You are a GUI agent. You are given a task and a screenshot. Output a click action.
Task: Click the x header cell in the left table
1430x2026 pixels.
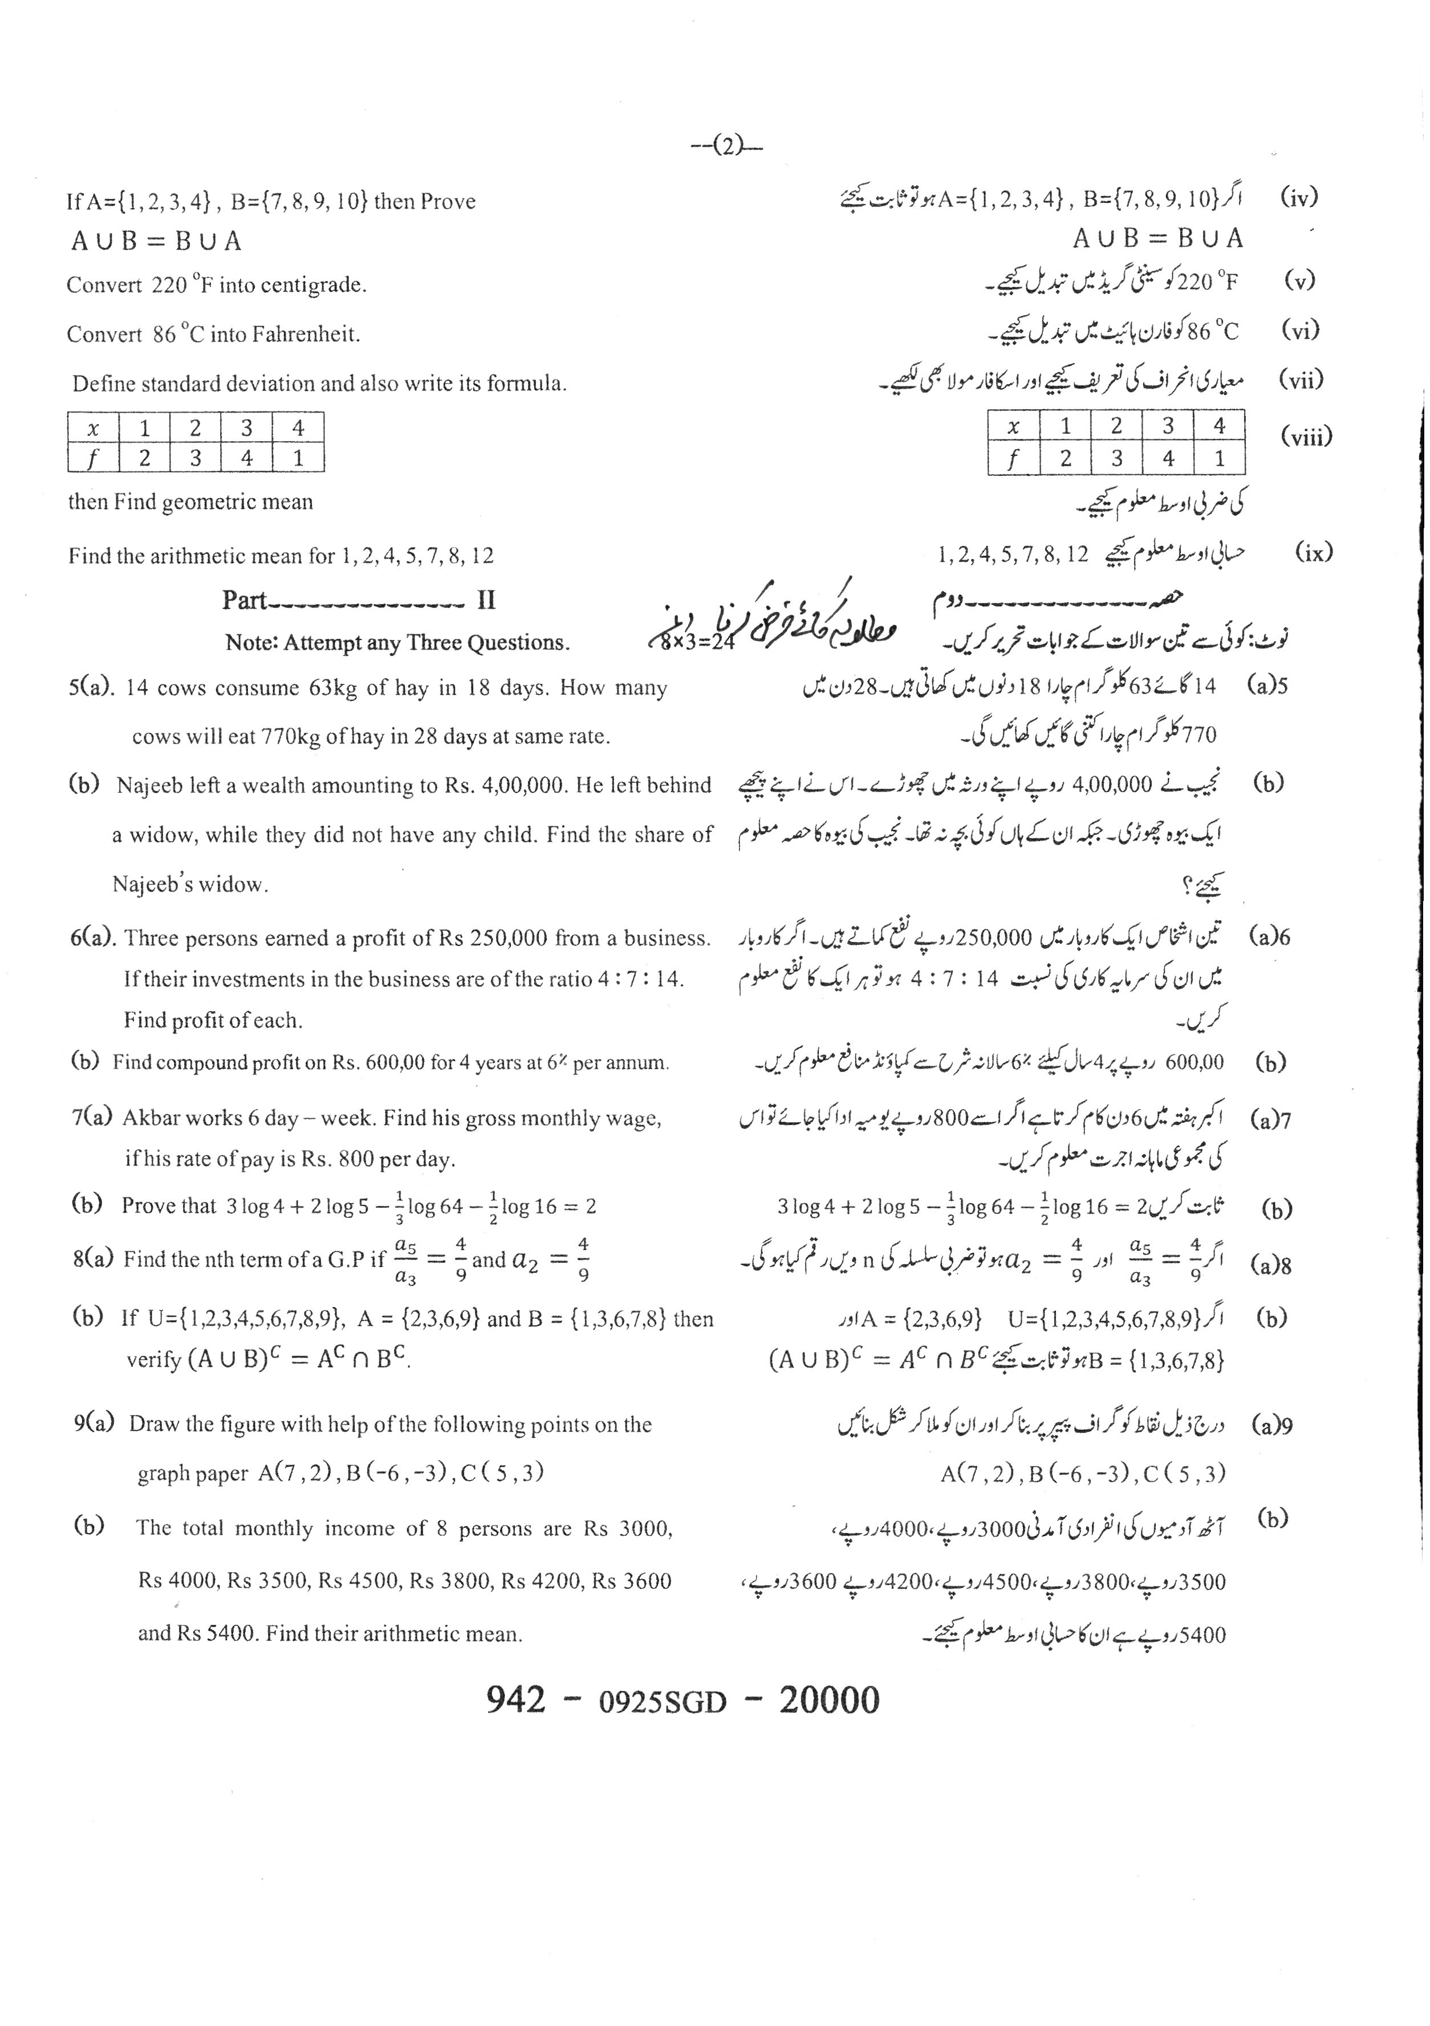click(x=93, y=428)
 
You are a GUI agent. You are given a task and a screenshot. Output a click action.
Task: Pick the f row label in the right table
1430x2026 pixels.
click(x=1013, y=459)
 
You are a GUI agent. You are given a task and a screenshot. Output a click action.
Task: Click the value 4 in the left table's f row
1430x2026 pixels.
click(x=247, y=458)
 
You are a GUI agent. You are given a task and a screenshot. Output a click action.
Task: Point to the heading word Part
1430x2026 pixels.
click(x=243, y=601)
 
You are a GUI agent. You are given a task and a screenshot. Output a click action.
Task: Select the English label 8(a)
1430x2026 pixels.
click(x=94, y=1259)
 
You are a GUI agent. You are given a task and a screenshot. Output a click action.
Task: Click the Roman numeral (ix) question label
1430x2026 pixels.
click(x=1314, y=553)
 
